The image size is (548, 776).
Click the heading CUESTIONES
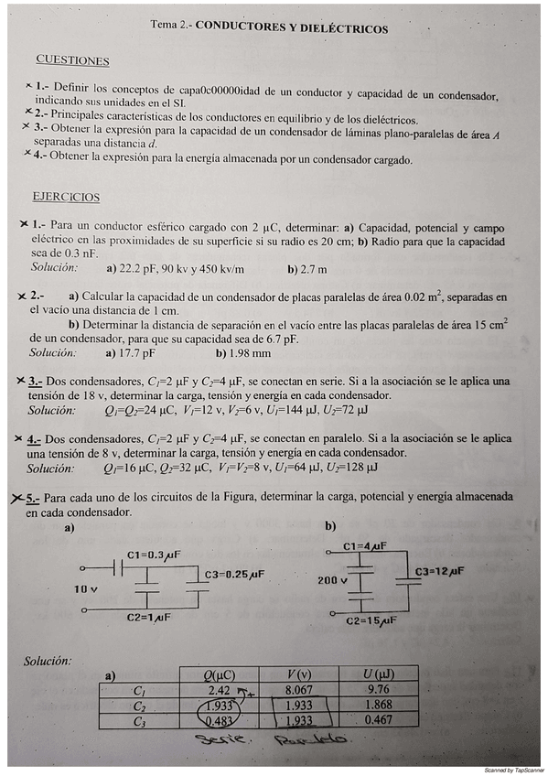click(72, 61)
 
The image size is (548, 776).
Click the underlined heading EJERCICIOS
click(66, 197)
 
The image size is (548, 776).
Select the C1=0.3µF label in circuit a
click(153, 555)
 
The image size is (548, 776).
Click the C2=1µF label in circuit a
click(151, 618)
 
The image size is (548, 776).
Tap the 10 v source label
click(87, 588)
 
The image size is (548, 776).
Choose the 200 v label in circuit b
click(332, 580)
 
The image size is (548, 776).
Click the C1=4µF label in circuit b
click(365, 546)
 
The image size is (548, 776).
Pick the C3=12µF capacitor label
click(439, 571)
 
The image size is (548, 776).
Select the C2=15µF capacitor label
click(371, 620)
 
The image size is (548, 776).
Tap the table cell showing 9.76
click(378, 690)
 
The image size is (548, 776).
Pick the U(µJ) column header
click(378, 674)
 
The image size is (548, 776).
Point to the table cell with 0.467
click(378, 721)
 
